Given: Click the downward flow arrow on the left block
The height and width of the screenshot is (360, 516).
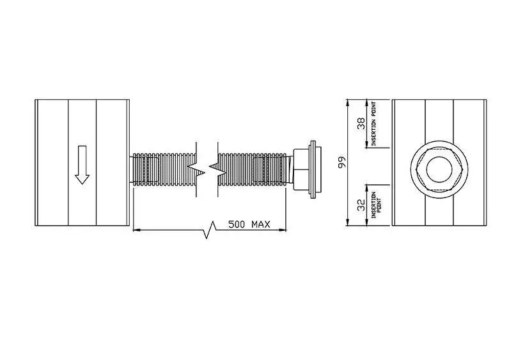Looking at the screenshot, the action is (82, 165).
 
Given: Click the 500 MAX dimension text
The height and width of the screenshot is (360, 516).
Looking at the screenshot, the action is (249, 224).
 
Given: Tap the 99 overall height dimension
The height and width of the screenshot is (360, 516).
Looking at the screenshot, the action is (343, 162).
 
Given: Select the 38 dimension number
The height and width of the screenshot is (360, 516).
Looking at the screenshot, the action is (361, 123).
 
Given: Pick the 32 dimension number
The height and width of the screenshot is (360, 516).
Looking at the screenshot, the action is (361, 205).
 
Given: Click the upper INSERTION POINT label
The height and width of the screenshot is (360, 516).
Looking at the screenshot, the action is (374, 123).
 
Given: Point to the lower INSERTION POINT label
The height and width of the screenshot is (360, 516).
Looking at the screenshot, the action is (376, 205).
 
